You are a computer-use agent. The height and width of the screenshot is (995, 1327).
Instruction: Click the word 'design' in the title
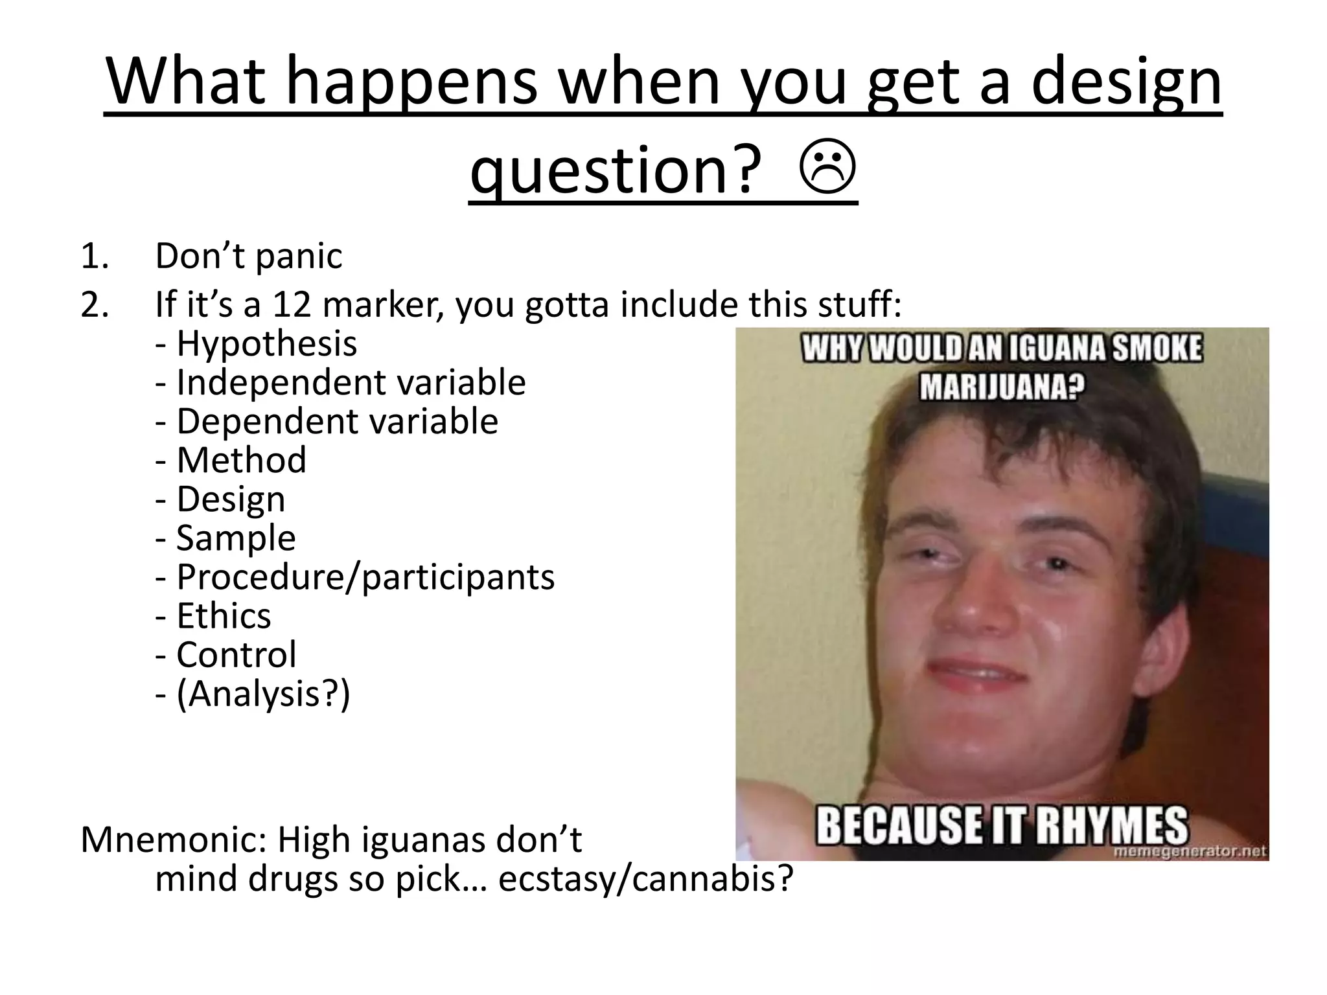[x=1126, y=82]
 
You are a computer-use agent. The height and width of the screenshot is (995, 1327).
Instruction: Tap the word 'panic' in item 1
[x=299, y=257]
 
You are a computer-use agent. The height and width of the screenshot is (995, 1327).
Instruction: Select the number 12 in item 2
[x=292, y=304]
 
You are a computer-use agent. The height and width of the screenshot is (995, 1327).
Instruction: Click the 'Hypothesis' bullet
[x=266, y=343]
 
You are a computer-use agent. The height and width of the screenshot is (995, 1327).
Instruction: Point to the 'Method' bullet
[x=240, y=460]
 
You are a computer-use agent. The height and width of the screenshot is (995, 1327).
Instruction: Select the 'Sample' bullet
[x=235, y=538]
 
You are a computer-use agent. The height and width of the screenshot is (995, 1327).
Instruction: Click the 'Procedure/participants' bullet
[x=365, y=577]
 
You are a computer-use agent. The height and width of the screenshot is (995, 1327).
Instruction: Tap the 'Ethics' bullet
[x=223, y=615]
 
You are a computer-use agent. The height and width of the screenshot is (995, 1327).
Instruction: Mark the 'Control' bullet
[x=236, y=654]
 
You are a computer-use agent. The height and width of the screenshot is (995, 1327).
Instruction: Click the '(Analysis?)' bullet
[x=262, y=694]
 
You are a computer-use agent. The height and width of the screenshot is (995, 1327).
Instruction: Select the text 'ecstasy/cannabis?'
[x=645, y=879]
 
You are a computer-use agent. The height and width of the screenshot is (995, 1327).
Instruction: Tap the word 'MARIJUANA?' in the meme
[x=1002, y=387]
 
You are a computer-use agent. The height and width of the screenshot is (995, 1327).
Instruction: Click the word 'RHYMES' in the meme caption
[x=1111, y=825]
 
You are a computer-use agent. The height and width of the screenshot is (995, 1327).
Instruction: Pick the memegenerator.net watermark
[x=1190, y=851]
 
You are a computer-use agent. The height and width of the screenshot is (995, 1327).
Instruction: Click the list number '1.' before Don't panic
[x=95, y=257]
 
